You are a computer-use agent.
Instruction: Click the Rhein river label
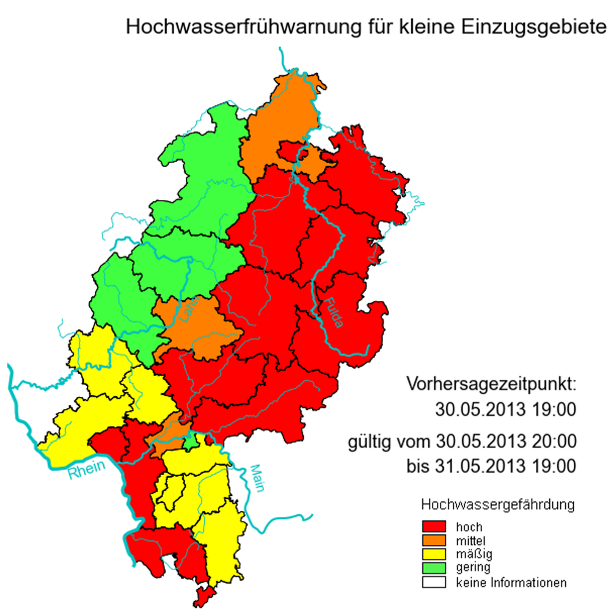[x=86, y=470]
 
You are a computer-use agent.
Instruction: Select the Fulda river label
[x=334, y=312]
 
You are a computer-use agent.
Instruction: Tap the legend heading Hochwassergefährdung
[x=498, y=505]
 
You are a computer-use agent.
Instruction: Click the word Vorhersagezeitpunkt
[x=491, y=385]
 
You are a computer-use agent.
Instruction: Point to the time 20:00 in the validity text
[x=554, y=440]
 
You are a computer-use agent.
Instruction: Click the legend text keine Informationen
[x=511, y=583]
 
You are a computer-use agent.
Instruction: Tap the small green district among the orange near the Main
[x=191, y=440]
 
